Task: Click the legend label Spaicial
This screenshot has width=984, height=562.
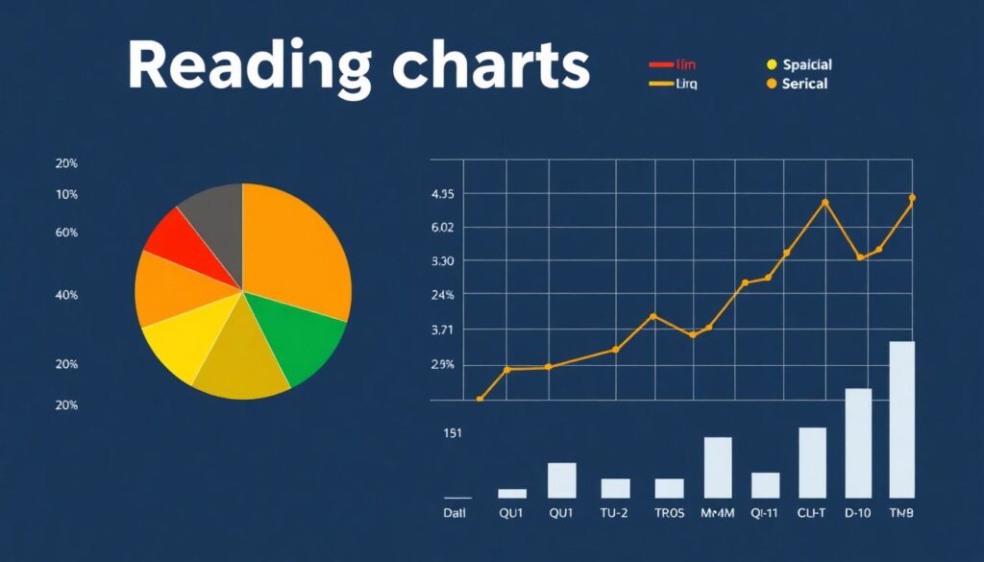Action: click(807, 64)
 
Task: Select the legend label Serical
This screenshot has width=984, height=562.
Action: click(804, 84)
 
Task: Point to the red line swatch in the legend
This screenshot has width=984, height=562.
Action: click(661, 64)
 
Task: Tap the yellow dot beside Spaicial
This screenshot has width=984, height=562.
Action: click(771, 64)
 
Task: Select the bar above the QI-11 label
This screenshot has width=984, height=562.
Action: click(765, 485)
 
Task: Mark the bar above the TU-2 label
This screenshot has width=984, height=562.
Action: click(615, 488)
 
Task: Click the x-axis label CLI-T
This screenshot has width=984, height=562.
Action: click(812, 513)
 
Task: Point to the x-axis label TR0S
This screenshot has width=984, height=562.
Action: click(669, 513)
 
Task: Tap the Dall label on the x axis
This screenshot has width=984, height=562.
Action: click(455, 513)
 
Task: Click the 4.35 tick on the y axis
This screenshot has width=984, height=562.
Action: click(443, 194)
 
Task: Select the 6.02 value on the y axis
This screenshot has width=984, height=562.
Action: click(443, 228)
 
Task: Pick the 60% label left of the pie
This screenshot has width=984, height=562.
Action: click(67, 232)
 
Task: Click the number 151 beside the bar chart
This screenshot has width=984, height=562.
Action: click(453, 433)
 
